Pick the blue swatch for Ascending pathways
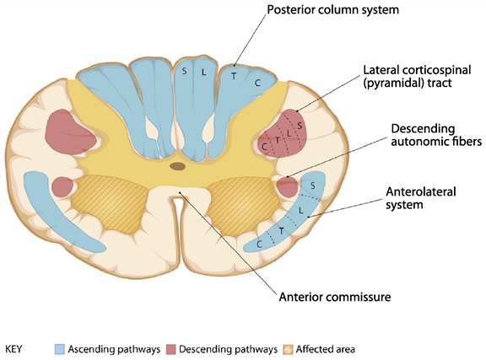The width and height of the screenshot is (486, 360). pyautogui.click(x=60, y=348)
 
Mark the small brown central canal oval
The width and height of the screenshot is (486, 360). pyautogui.click(x=178, y=166)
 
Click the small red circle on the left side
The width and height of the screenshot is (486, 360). pyautogui.click(x=62, y=186)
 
